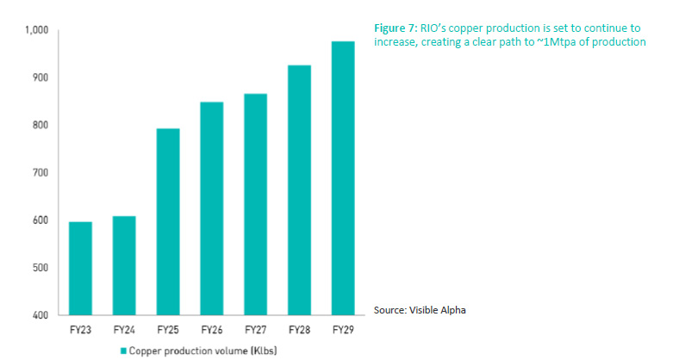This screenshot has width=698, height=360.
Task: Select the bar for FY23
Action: point(80,269)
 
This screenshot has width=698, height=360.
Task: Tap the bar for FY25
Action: point(169,222)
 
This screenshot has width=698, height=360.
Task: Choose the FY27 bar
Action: point(256,205)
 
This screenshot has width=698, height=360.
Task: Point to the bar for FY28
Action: point(300,190)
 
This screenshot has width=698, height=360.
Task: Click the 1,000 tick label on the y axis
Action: point(38,31)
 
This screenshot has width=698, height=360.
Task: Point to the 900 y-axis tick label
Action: point(41,78)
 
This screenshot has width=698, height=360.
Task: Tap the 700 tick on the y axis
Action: point(41,173)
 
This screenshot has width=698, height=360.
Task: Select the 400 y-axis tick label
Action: point(41,316)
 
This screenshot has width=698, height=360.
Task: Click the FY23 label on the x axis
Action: point(80,330)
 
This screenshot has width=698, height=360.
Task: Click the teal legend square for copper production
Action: point(123,351)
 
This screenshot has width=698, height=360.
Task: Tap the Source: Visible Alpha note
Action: point(420,309)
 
